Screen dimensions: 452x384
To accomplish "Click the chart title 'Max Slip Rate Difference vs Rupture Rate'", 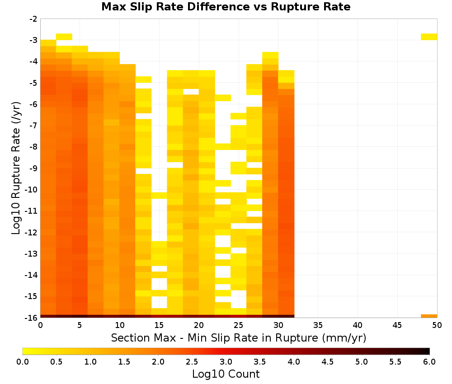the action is click(226, 7).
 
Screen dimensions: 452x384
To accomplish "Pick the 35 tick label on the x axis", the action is click(318, 326).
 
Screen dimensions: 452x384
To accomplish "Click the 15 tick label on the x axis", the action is click(159, 326).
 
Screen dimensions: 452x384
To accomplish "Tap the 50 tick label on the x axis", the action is click(437, 326).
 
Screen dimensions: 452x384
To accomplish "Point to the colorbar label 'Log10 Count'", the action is click(226, 374).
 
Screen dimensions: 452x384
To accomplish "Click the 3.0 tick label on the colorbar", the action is click(226, 362).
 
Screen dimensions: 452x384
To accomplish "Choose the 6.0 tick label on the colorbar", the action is click(429, 362).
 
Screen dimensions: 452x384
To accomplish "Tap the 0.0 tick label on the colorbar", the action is click(23, 362).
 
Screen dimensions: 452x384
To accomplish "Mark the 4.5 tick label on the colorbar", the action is click(328, 362).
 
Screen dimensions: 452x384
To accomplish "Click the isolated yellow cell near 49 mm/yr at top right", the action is click(429, 37).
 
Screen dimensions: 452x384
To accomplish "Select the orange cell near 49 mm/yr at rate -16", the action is click(429, 316).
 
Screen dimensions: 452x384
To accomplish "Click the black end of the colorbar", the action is click(427, 351).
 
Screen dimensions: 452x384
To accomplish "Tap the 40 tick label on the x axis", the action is click(358, 326).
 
